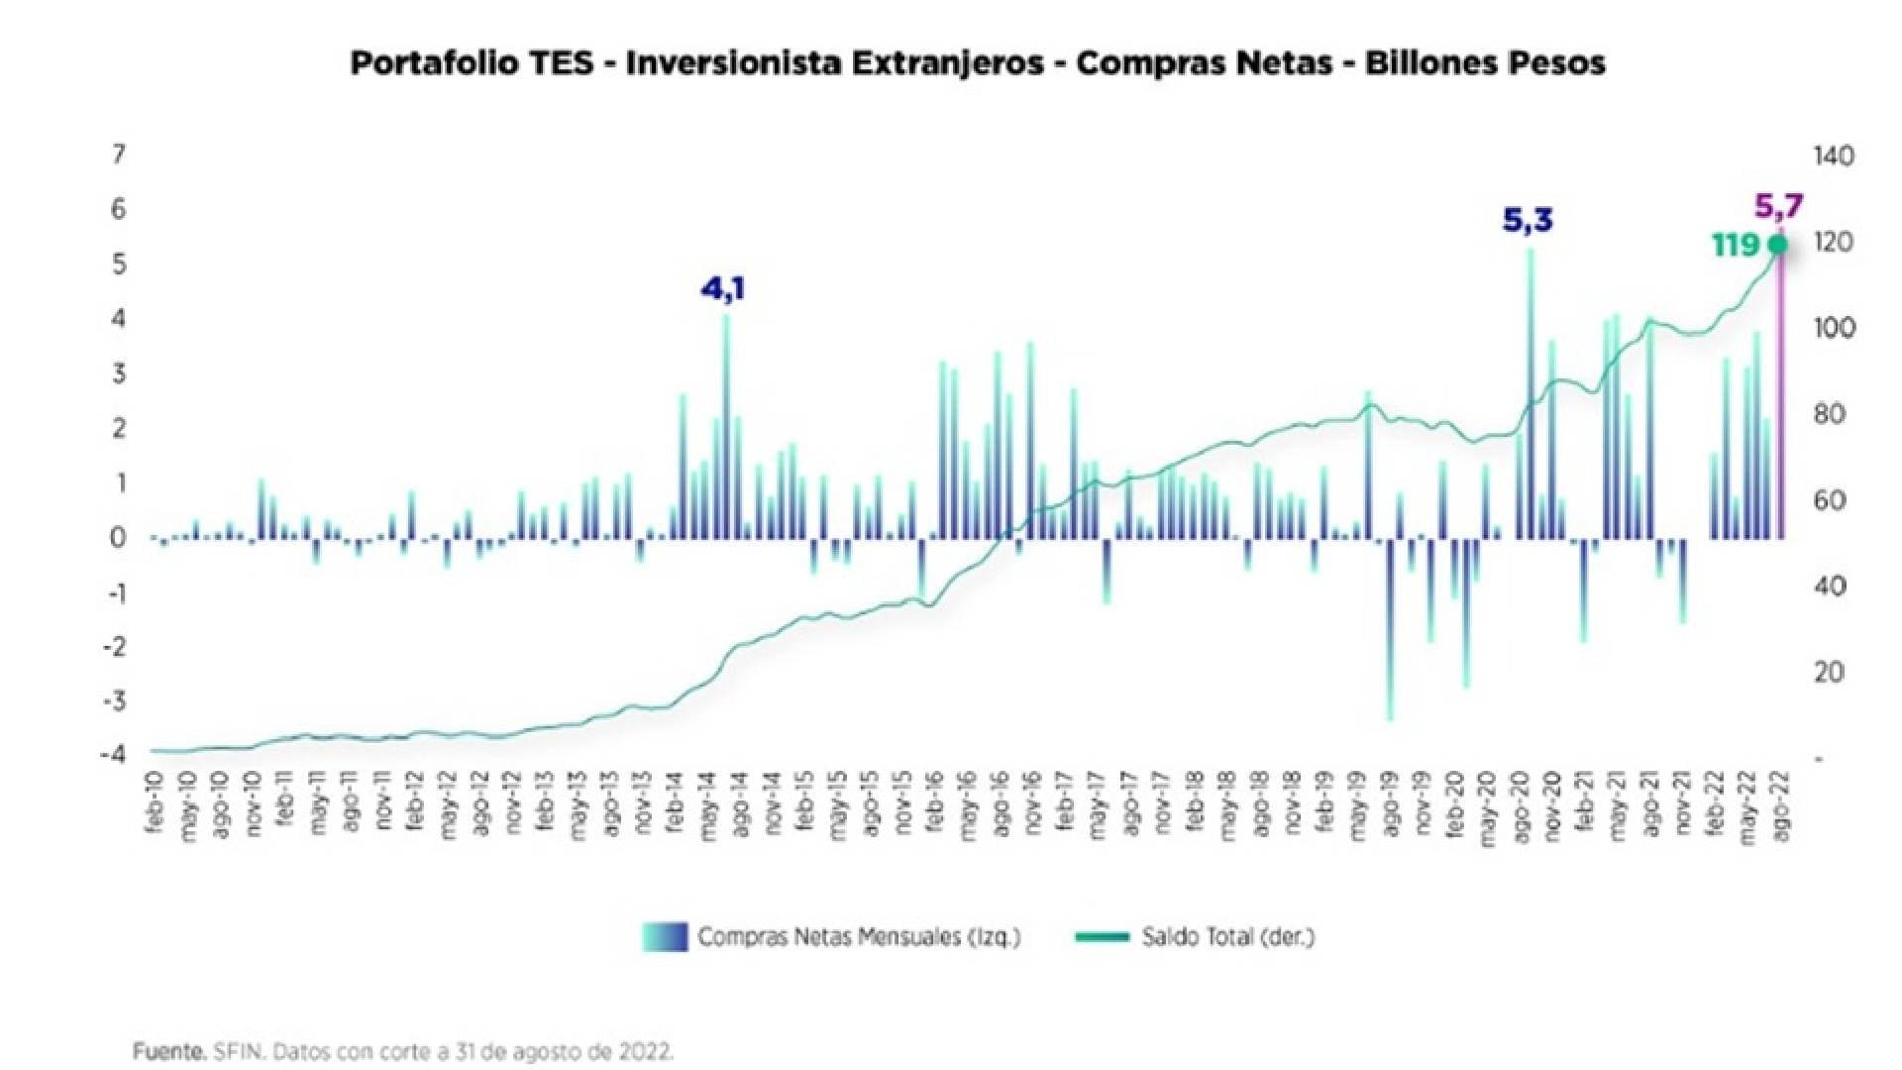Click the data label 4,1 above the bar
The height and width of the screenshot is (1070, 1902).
[722, 289]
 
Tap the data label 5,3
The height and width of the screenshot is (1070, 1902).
[1528, 220]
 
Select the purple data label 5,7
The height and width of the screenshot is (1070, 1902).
[1779, 206]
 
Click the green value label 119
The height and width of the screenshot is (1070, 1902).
[1735, 245]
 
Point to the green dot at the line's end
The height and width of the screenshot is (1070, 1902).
[1778, 245]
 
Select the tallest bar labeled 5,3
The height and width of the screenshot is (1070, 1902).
[1531, 396]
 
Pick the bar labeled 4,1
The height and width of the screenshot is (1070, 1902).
[726, 426]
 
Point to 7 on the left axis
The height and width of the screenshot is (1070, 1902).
[119, 155]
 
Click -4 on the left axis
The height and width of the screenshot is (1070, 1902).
[113, 754]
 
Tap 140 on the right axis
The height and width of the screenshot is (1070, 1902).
[1834, 156]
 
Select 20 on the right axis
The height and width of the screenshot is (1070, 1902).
[1829, 672]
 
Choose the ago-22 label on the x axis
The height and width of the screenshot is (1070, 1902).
[1780, 806]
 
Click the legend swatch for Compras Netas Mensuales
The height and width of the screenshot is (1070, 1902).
[665, 936]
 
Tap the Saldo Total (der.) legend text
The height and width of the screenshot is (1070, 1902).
[1227, 936]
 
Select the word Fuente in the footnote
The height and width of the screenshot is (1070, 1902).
[169, 1051]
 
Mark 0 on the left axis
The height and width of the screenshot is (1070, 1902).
[119, 538]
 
